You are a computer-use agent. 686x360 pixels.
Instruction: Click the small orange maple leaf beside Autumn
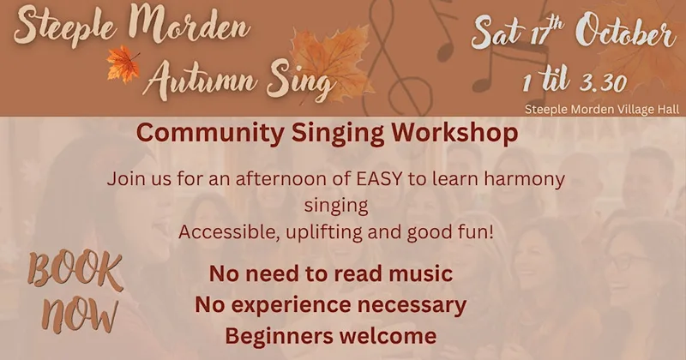pyautogui.click(x=123, y=64)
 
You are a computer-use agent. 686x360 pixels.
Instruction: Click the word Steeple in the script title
pyautogui.click(x=66, y=27)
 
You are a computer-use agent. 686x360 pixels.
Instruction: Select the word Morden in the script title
pyautogui.click(x=190, y=26)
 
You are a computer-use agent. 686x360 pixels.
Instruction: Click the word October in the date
pyautogui.click(x=626, y=32)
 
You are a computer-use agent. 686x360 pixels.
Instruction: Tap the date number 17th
pyautogui.click(x=547, y=33)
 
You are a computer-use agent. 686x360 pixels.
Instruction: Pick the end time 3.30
pyautogui.click(x=604, y=83)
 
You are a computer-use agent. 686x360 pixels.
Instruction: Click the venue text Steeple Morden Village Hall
pyautogui.click(x=602, y=109)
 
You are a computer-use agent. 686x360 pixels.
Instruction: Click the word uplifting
pyautogui.click(x=324, y=232)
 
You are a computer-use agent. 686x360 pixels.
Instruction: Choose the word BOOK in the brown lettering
pyautogui.click(x=75, y=270)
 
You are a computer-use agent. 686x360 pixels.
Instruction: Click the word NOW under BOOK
pyautogui.click(x=80, y=315)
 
